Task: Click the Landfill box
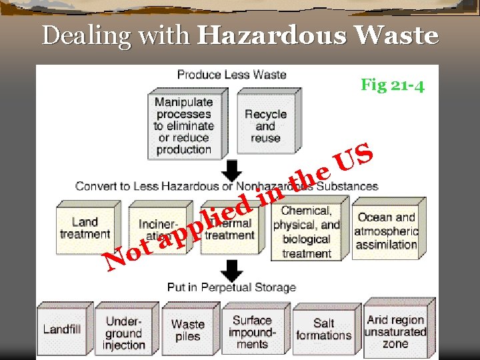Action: point(61,329)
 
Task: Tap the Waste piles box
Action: point(187,330)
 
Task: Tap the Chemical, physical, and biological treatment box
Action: point(306,233)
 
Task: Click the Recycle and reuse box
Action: point(265,125)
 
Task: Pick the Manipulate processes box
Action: point(183,125)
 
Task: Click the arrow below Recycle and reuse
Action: point(231,170)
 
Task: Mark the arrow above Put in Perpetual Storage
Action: point(231,271)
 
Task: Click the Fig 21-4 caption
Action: point(392,85)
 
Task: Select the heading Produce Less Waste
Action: point(231,74)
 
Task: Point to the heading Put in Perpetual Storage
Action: point(231,287)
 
